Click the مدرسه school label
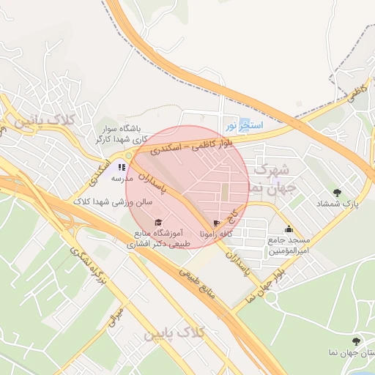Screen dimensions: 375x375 tap(122, 178)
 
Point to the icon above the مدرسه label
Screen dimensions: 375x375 tap(122, 167)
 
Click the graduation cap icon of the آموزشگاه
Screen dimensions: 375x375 tap(157, 222)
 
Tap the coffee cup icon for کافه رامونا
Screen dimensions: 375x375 tap(216, 223)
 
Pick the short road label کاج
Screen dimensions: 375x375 tap(234, 215)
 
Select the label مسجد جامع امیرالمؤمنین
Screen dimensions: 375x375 tap(289, 245)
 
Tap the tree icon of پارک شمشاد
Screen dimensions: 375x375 tap(337, 193)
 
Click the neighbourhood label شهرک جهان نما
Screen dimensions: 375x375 tap(272, 178)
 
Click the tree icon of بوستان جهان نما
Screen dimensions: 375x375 tap(356, 341)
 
